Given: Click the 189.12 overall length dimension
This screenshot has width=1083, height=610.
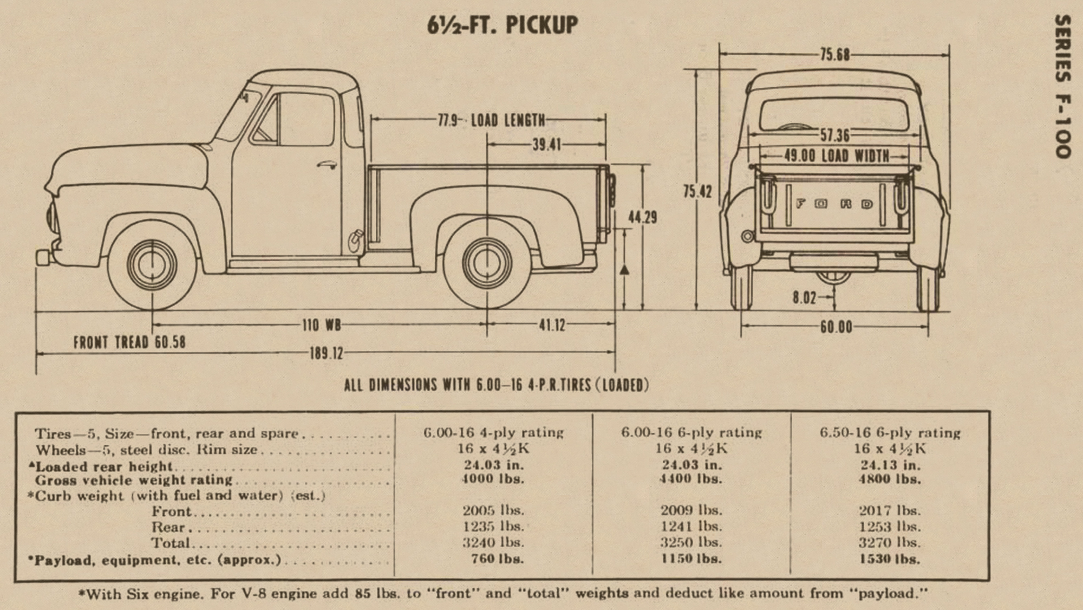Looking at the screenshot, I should click(x=326, y=354).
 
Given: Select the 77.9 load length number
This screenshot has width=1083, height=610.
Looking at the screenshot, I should click(x=449, y=120).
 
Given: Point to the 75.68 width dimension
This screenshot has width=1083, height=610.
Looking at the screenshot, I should click(x=834, y=55).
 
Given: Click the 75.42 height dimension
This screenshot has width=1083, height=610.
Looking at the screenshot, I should click(x=697, y=192).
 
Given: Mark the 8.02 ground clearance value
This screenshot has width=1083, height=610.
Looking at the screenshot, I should click(x=804, y=297).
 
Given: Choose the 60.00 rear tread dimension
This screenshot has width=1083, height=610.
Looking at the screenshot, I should click(x=836, y=327).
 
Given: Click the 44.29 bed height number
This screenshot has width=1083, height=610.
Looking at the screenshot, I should click(x=642, y=218).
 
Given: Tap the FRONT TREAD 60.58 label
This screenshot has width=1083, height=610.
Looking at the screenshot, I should click(x=129, y=342).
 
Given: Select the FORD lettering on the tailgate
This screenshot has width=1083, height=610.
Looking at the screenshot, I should click(x=834, y=204).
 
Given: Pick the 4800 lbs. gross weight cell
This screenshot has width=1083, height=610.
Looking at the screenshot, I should click(x=890, y=479).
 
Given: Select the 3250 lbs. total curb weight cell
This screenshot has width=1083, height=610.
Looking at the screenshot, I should click(x=691, y=542).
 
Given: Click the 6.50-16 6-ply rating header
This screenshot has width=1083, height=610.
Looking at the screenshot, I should click(x=890, y=433).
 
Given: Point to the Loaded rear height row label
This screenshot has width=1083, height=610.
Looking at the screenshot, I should click(x=103, y=466).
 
